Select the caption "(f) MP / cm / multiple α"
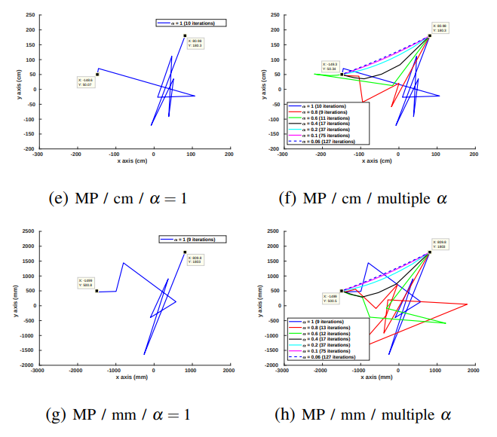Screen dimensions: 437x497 pyautogui.click(x=375, y=199)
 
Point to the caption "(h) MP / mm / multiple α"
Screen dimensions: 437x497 pyautogui.click(x=375, y=414)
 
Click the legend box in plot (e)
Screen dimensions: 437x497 pyautogui.click(x=191, y=23)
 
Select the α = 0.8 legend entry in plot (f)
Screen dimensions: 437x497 pyautogui.click(x=324, y=112)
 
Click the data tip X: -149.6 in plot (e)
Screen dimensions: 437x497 pyautogui.click(x=85, y=82)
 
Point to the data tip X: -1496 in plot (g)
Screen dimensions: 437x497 pyautogui.click(x=86, y=283)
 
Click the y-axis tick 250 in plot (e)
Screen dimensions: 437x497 pyautogui.click(x=29, y=14)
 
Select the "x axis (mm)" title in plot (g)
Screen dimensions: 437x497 pyautogui.click(x=132, y=376)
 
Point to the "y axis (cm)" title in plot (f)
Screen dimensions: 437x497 pyautogui.click(x=265, y=82)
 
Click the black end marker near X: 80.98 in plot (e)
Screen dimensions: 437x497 pyautogui.click(x=185, y=35)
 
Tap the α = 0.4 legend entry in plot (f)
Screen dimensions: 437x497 pyautogui.click(x=325, y=124)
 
